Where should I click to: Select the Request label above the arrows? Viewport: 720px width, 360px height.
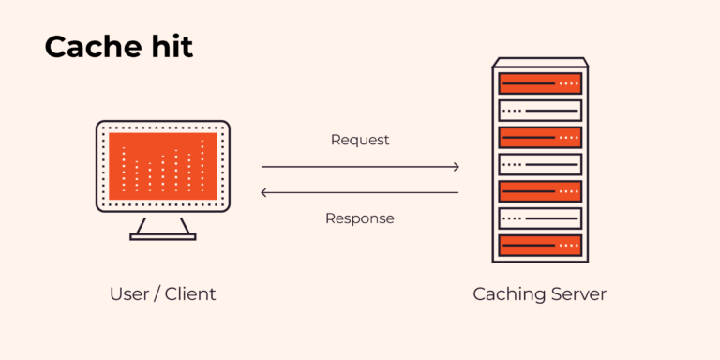[x=360, y=140]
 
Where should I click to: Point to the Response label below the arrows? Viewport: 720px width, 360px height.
[x=360, y=218]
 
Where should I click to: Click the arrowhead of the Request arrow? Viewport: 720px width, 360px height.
[x=457, y=167]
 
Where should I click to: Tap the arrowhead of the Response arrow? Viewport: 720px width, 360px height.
[x=263, y=192]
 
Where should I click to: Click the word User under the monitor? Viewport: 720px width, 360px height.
[x=130, y=293]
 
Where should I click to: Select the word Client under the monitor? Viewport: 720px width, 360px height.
[x=190, y=293]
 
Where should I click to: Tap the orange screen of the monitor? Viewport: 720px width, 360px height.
[x=163, y=165]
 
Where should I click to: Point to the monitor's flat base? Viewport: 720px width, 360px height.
[x=163, y=236]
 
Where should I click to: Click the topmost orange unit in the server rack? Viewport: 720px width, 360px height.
[x=540, y=83]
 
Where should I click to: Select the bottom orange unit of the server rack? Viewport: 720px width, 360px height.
[x=540, y=246]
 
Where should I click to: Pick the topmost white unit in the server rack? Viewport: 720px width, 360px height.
[x=540, y=111]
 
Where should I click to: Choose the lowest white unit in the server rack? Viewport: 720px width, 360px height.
[x=540, y=218]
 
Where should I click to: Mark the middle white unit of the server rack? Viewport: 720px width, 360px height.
[x=540, y=165]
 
